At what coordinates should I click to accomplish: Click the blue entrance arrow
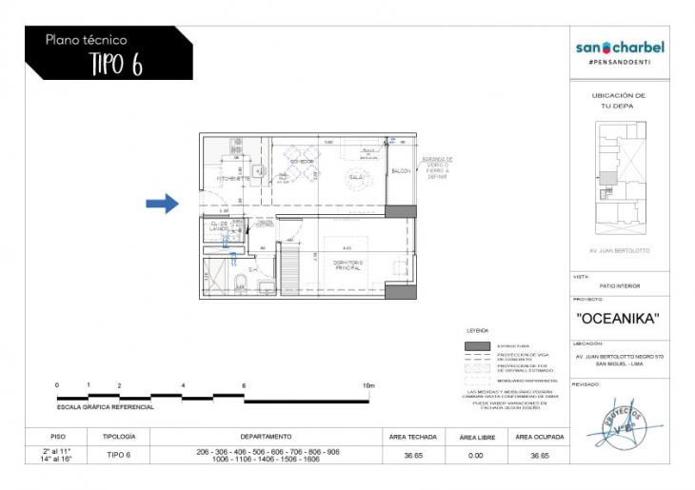pos(163,203)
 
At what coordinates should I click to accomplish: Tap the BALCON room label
pos(402,170)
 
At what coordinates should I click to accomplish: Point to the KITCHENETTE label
pos(233,178)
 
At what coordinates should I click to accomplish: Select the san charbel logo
pos(620,47)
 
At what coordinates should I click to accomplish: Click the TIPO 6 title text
pos(115,64)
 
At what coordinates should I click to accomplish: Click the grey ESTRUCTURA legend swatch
pos(478,345)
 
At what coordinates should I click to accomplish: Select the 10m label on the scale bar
pos(369,385)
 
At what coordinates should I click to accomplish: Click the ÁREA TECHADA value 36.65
pos(412,455)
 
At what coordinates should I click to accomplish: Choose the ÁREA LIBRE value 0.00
pos(475,455)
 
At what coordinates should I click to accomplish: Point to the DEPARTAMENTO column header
pos(266,436)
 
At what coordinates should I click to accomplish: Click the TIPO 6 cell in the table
pos(115,455)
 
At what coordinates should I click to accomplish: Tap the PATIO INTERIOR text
pos(621,285)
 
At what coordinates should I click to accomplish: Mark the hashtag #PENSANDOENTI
pos(620,62)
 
